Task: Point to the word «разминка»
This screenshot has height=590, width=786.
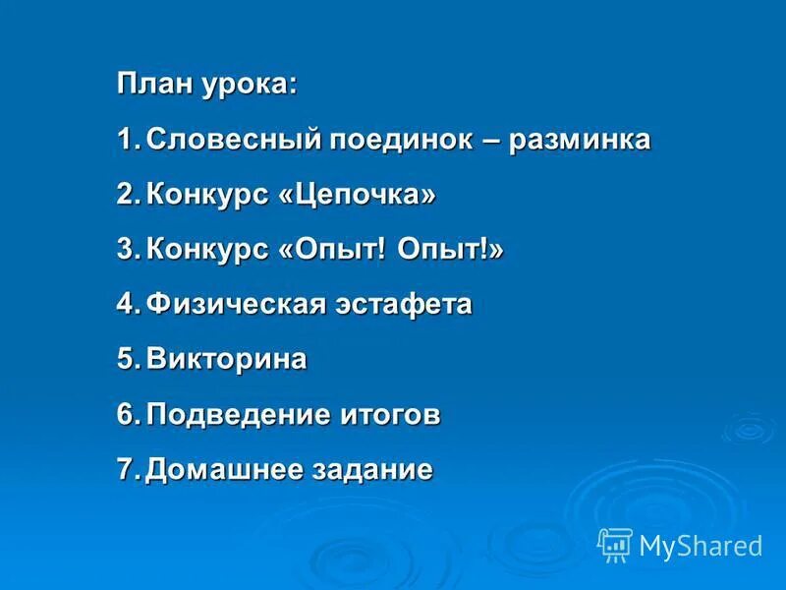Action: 581,141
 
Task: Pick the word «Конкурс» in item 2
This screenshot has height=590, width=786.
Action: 202,195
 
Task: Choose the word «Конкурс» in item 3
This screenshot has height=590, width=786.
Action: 202,250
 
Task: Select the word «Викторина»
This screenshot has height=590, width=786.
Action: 227,360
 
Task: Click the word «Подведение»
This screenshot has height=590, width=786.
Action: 237,415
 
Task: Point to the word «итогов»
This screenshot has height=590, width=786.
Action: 389,415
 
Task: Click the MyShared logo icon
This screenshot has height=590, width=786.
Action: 615,544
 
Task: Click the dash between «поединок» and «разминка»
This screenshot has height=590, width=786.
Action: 491,141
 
